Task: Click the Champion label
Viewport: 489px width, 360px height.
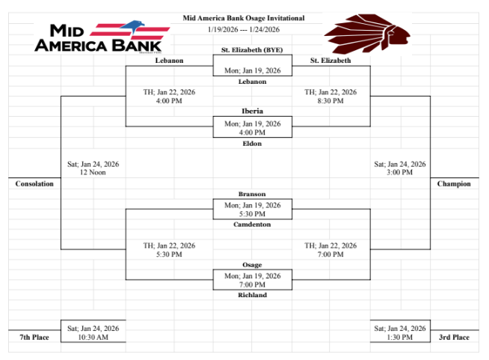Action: (454, 184)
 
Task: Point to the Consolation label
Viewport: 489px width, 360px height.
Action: (34, 184)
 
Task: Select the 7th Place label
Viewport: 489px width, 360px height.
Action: (34, 338)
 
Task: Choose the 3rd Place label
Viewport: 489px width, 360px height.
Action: (454, 338)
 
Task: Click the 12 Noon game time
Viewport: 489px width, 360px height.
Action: (93, 172)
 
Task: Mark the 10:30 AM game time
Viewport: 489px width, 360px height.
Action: (93, 338)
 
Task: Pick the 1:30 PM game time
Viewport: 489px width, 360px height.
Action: (399, 338)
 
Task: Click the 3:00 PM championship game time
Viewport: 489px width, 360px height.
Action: (399, 172)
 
